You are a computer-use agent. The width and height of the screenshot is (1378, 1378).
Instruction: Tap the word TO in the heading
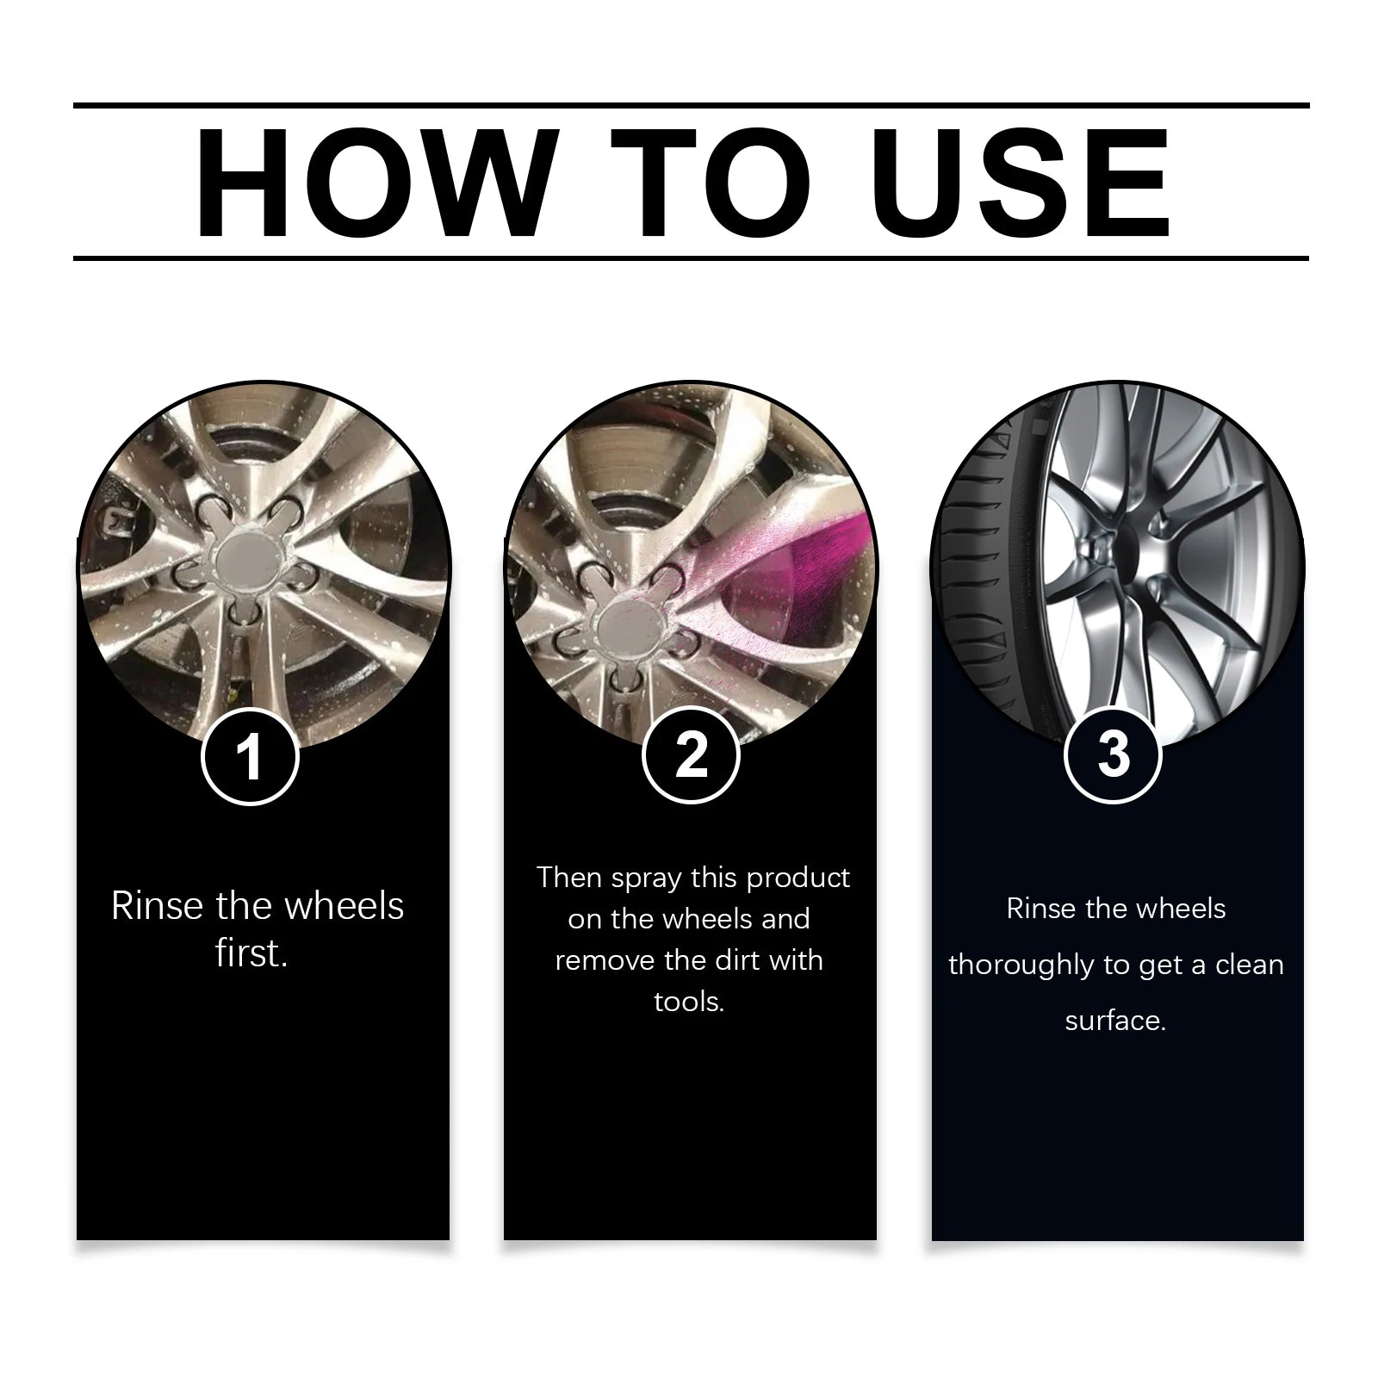(x=711, y=183)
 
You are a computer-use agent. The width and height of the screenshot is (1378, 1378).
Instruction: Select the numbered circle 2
(x=691, y=754)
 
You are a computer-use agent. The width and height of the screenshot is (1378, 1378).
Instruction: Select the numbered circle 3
(x=1114, y=754)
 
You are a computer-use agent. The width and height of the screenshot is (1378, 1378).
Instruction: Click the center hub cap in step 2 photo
(x=624, y=622)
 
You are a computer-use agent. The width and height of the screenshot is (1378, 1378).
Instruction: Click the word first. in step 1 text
(x=251, y=953)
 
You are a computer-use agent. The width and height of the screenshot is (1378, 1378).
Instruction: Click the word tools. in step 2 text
(x=689, y=1002)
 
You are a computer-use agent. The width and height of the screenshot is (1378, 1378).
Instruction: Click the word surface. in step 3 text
(x=1115, y=1021)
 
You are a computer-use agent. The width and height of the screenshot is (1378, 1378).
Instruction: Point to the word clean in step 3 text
(x=1249, y=965)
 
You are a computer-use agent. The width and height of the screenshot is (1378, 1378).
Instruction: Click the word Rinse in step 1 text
(x=158, y=907)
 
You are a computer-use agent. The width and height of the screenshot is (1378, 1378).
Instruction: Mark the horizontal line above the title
(x=689, y=106)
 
